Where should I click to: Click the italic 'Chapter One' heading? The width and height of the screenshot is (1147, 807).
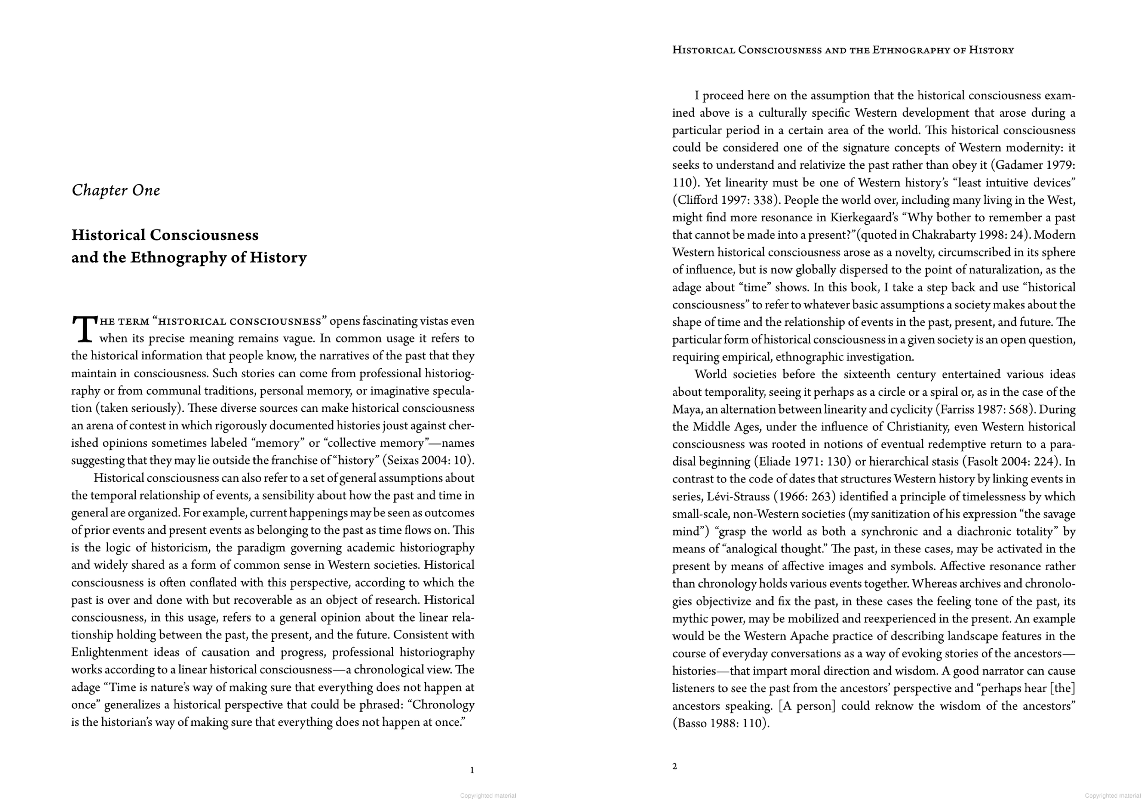pyautogui.click(x=116, y=191)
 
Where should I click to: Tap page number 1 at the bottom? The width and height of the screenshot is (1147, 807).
pyautogui.click(x=472, y=770)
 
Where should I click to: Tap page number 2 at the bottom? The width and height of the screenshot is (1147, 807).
pyautogui.click(x=675, y=767)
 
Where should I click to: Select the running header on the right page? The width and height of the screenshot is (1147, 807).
pyautogui.click(x=843, y=50)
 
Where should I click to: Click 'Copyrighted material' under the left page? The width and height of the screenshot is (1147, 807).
pyautogui.click(x=488, y=796)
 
